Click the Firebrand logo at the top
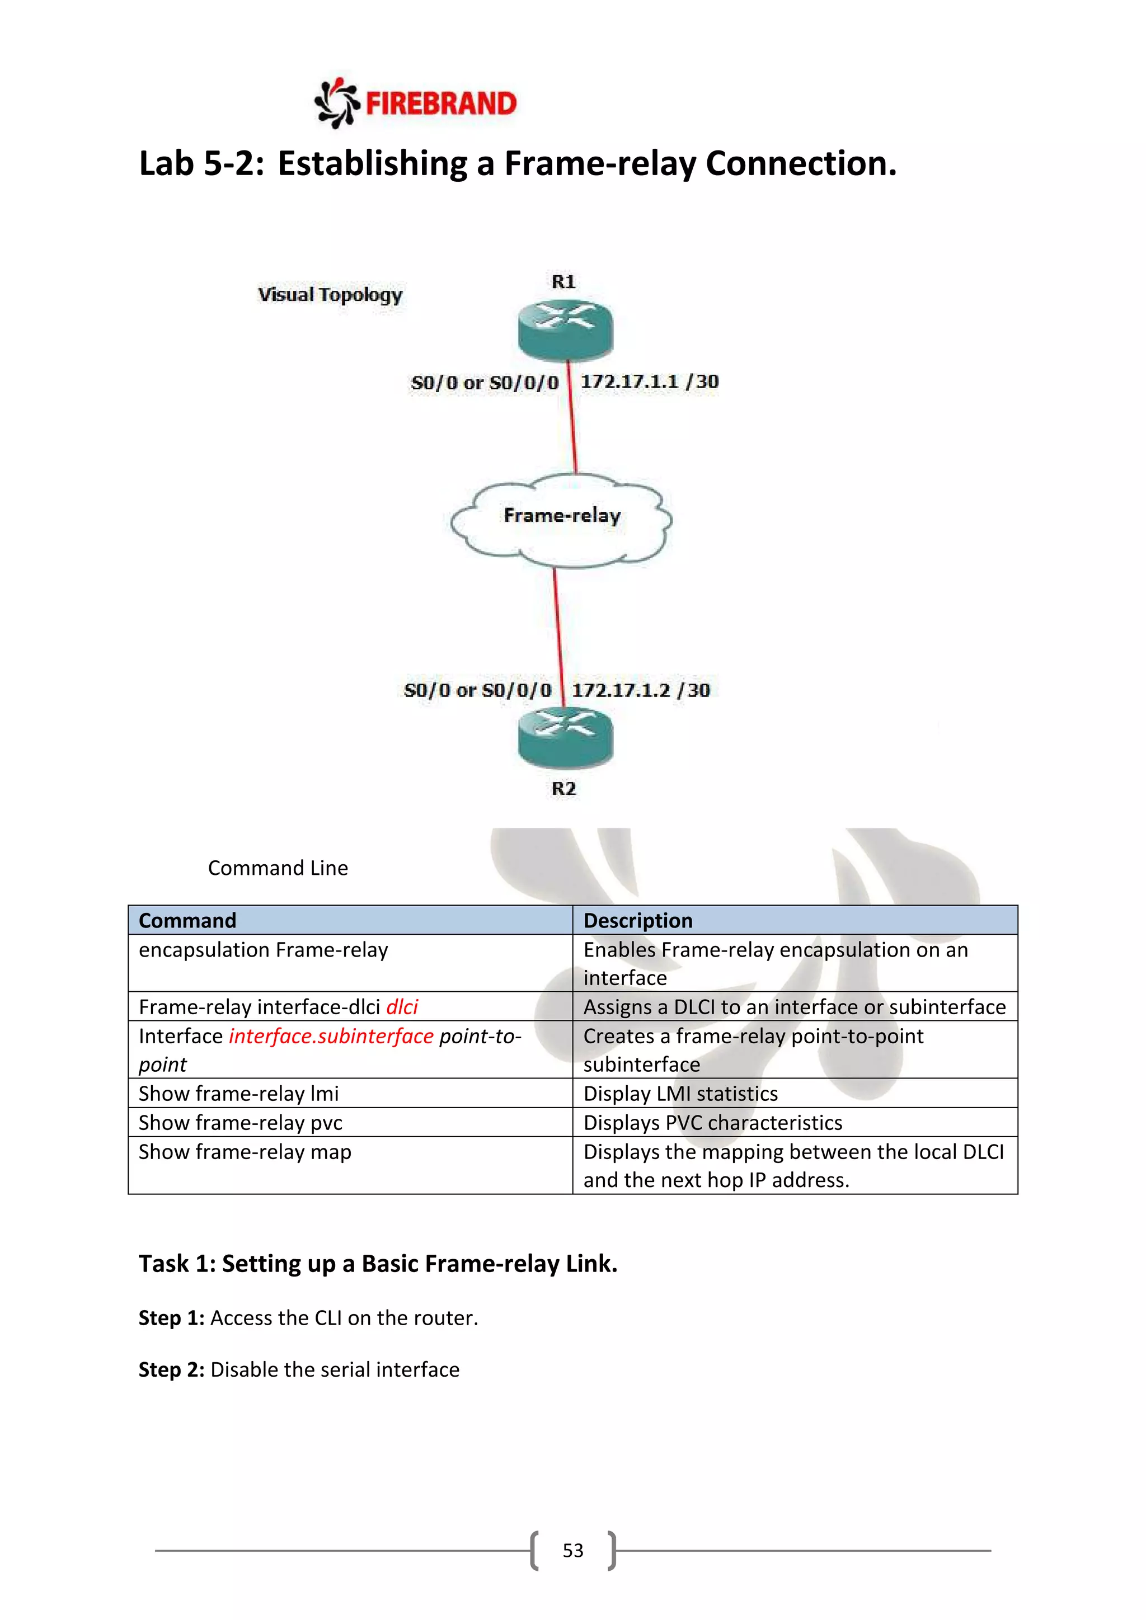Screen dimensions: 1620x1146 point(415,103)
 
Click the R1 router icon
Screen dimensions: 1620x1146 point(565,329)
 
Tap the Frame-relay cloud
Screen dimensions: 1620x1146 point(562,520)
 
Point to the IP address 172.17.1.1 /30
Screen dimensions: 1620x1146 point(649,382)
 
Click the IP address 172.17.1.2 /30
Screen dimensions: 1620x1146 point(641,690)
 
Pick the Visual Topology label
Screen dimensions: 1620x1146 point(330,294)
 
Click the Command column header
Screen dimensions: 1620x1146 point(187,920)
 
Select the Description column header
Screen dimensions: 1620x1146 point(638,920)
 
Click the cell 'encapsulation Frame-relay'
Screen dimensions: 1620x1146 point(263,950)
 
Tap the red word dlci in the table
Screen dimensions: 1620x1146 point(402,1007)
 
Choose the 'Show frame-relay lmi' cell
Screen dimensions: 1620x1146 point(238,1094)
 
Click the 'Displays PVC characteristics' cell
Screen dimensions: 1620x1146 point(713,1123)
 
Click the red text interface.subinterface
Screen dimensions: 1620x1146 point(331,1036)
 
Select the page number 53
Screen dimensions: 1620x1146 point(573,1550)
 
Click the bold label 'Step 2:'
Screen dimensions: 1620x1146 point(171,1369)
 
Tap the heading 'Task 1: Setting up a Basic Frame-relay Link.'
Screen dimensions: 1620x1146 point(378,1264)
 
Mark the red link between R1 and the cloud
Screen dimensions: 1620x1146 point(572,416)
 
